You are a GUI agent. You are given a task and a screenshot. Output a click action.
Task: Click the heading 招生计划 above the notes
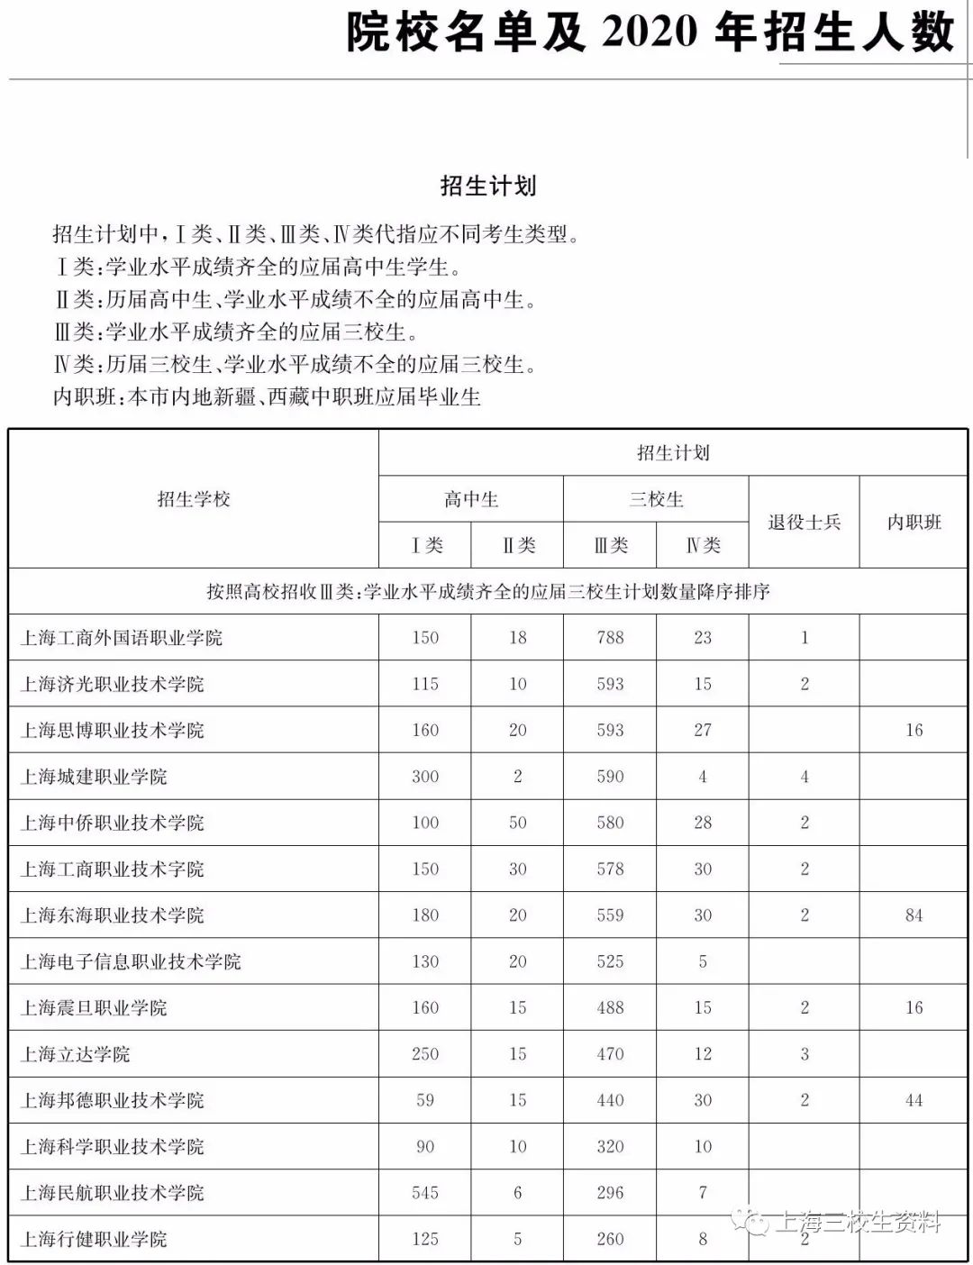(x=488, y=186)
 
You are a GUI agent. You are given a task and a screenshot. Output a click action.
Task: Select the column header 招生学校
(x=194, y=499)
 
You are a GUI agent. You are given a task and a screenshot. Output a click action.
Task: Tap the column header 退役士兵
(x=804, y=523)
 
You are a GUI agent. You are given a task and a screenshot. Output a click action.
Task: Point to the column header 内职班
(x=914, y=523)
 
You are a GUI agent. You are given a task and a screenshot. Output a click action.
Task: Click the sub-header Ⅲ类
(x=610, y=545)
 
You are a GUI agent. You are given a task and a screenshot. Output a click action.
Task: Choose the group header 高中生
(x=470, y=499)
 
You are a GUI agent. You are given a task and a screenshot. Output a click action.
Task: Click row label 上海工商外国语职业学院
(x=122, y=638)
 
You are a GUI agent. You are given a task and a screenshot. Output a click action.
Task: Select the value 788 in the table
(x=610, y=638)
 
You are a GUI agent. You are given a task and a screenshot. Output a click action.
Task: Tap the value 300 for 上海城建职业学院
(x=425, y=777)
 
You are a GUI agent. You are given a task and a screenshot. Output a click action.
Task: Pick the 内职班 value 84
(x=914, y=915)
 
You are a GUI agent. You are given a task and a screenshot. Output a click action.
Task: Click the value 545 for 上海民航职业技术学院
(x=425, y=1193)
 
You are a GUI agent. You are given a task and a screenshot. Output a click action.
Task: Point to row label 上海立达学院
(x=76, y=1054)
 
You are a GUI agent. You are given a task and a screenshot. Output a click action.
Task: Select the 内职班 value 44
(x=914, y=1100)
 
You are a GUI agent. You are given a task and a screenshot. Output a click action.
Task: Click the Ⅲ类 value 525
(x=610, y=961)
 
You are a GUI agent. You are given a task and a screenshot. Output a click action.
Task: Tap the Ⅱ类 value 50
(x=517, y=823)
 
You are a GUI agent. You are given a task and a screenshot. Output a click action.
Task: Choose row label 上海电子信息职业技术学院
(x=131, y=961)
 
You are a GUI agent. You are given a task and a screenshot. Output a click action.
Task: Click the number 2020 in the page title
(x=650, y=33)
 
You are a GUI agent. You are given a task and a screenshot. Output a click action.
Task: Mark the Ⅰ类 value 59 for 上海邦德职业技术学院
(x=425, y=1100)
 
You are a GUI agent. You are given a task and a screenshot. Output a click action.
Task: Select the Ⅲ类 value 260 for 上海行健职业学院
(x=610, y=1239)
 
